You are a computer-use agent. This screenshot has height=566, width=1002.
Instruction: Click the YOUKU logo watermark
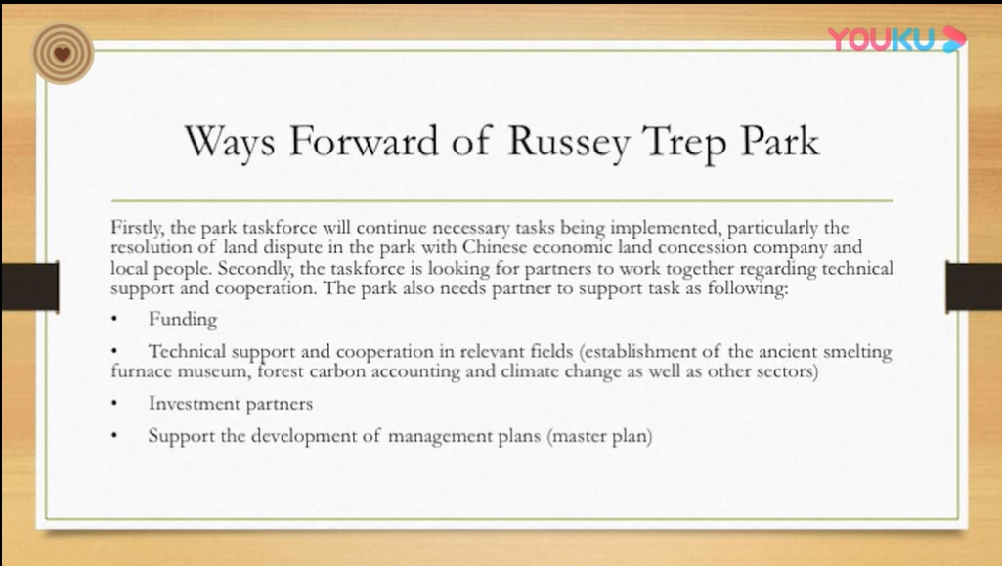(896, 39)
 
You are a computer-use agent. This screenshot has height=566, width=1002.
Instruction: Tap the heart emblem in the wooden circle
(62, 54)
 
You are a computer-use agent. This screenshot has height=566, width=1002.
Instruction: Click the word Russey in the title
(569, 142)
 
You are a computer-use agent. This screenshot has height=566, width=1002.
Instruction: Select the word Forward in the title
(364, 141)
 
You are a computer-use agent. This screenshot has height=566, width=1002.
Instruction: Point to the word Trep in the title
(684, 143)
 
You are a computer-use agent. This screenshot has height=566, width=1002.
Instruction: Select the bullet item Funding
(183, 318)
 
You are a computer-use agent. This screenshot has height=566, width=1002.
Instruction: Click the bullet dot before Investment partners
(114, 404)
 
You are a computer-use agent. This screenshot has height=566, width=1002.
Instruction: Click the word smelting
(857, 351)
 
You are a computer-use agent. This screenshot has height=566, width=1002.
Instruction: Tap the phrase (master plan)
(599, 436)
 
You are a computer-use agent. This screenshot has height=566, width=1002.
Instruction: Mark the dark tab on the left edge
(29, 284)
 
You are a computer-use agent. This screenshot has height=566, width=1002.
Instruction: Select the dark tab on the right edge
(974, 285)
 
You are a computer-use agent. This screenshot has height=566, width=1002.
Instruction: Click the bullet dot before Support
(114, 436)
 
